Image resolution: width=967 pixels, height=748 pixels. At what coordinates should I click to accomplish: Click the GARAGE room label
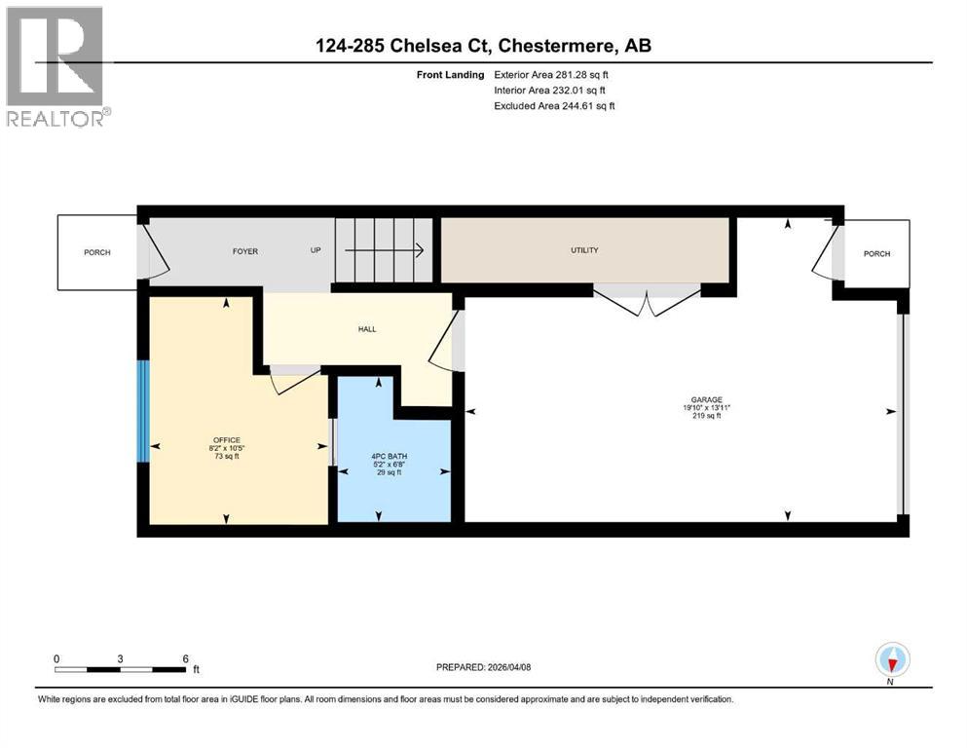pos(706,399)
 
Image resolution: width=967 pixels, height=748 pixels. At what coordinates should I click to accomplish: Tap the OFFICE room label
pos(226,439)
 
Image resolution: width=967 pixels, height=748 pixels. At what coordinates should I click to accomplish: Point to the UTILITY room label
pos(584,250)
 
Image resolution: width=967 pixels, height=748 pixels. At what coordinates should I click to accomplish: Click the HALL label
pos(366,329)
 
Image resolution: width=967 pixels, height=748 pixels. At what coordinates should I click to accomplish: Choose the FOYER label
pos(244,251)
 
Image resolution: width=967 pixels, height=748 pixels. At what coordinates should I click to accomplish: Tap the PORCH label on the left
pos(96,252)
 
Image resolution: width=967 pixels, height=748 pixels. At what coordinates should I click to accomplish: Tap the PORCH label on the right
pos(876,253)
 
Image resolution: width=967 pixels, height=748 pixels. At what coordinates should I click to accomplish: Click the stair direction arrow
pos(385,250)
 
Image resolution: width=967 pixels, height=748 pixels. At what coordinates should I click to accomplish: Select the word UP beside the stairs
pos(316,251)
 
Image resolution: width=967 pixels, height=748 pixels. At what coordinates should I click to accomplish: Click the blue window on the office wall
pos(143,410)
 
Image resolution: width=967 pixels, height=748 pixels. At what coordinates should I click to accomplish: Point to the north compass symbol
pos(892,661)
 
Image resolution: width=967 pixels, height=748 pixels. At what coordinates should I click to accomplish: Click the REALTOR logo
pos(56,66)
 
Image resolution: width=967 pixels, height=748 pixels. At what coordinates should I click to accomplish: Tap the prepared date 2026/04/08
pos(484,667)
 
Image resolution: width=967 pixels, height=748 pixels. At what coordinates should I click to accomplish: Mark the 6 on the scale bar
pos(185,658)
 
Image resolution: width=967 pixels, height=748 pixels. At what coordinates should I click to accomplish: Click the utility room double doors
pos(648,299)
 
